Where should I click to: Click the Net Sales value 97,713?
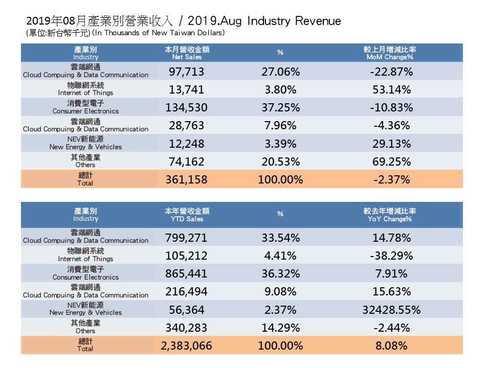pyautogui.click(x=187, y=71)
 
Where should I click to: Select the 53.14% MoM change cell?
pyautogui.click(x=391, y=89)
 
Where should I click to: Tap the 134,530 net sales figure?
pyautogui.click(x=187, y=107)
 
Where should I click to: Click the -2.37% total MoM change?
pyautogui.click(x=391, y=180)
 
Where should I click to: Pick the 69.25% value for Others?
pyautogui.click(x=391, y=162)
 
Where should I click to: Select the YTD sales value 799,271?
pyautogui.click(x=187, y=237)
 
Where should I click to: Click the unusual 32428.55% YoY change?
pyautogui.click(x=391, y=310)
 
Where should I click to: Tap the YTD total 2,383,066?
pyautogui.click(x=187, y=346)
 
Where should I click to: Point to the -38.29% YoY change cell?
pyautogui.click(x=391, y=255)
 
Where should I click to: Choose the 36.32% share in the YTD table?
pyautogui.click(x=280, y=273)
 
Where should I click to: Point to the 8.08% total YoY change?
pyautogui.click(x=391, y=346)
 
